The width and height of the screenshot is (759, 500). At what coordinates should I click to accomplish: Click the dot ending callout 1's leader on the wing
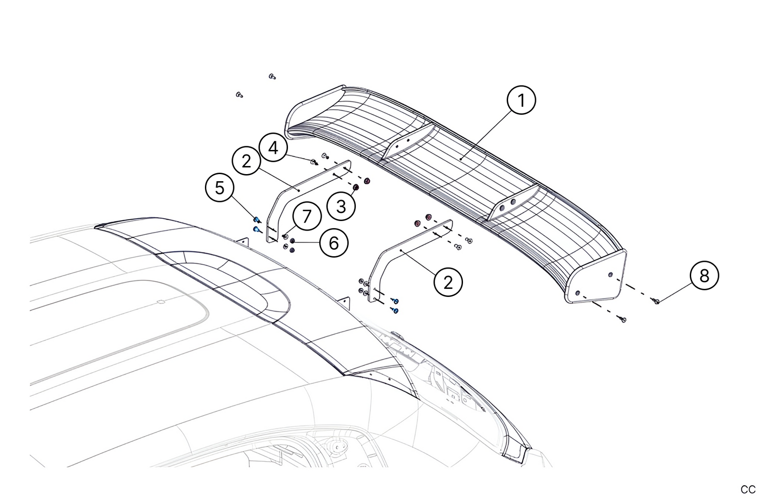click(x=461, y=158)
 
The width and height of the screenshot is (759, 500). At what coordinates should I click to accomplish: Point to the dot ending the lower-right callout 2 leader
click(x=401, y=250)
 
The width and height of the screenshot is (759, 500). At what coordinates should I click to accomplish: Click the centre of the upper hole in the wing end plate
click(x=611, y=274)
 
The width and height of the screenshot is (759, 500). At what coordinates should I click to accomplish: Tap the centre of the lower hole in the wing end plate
click(x=578, y=293)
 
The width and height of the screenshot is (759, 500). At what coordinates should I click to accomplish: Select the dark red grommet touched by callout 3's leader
click(x=356, y=187)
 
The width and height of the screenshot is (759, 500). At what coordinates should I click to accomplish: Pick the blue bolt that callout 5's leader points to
click(x=257, y=220)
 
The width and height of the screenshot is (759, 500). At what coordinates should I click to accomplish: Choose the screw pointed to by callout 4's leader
click(x=314, y=162)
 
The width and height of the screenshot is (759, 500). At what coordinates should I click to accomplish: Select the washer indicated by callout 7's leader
click(x=286, y=236)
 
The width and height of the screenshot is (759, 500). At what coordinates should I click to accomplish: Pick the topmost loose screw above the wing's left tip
click(x=272, y=76)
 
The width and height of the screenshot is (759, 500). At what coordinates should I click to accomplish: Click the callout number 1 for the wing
click(x=521, y=100)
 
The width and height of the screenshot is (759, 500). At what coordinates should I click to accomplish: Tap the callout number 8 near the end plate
click(x=704, y=276)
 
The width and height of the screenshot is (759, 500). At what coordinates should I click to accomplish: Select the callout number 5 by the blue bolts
click(x=220, y=188)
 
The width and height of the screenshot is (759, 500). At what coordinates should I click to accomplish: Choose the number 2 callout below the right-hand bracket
click(x=448, y=282)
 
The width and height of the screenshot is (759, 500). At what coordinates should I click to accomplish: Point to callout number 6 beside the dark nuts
click(x=334, y=242)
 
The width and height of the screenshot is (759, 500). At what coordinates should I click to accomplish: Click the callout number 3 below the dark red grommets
click(x=341, y=206)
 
